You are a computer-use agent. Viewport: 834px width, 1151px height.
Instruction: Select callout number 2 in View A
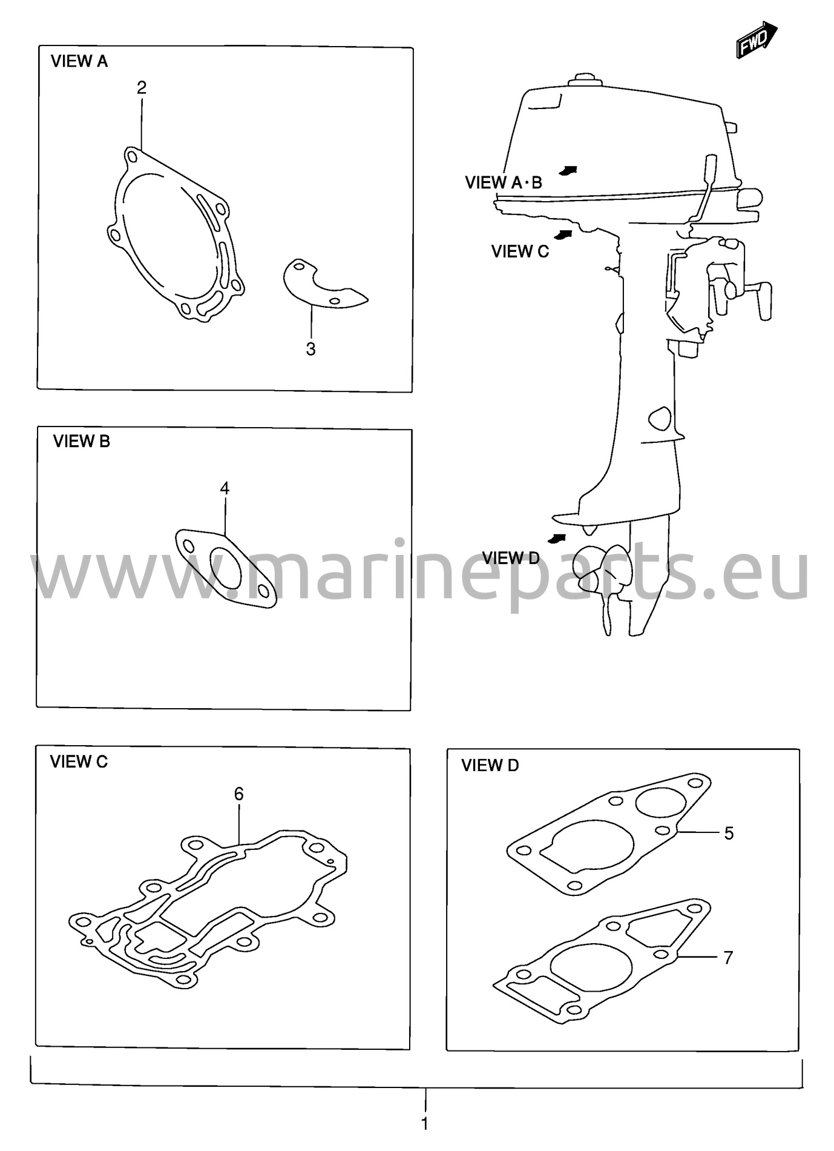pos(142,88)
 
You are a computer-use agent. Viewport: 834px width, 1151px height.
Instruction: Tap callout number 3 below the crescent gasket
pos(310,349)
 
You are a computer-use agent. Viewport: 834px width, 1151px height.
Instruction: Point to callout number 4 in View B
pos(225,488)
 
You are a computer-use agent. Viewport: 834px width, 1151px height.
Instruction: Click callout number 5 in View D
pos(729,834)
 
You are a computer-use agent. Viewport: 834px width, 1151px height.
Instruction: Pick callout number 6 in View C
pos(238,794)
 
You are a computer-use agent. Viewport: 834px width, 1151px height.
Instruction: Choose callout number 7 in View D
pos(728,958)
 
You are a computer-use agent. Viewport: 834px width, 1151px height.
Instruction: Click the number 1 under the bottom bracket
pos(424,1124)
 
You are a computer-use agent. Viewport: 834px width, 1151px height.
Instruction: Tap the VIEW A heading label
pos(79,61)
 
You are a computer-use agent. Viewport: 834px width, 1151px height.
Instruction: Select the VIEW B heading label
pos(82,442)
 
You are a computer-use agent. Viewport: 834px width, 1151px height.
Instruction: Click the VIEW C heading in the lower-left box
pos(79,761)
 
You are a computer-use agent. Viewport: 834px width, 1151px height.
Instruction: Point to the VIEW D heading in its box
pos(490,766)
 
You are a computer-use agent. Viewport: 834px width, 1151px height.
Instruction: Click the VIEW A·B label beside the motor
pos(504,182)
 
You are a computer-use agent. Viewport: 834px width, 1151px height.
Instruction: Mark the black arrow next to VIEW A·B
pos(567,170)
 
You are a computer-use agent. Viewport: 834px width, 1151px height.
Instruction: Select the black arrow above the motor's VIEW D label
pos(557,538)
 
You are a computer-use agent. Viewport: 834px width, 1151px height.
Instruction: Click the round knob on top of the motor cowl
pos(585,80)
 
